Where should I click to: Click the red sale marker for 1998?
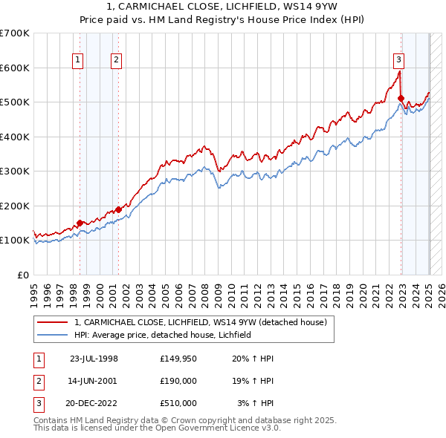tap(80, 223)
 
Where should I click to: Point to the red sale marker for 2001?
tap(117, 209)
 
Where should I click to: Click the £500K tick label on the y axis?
tap(15, 102)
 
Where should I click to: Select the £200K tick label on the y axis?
tap(15, 206)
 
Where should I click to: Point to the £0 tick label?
tap(22, 275)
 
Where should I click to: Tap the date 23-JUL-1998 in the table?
tap(94, 359)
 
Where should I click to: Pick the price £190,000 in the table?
tap(178, 381)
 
